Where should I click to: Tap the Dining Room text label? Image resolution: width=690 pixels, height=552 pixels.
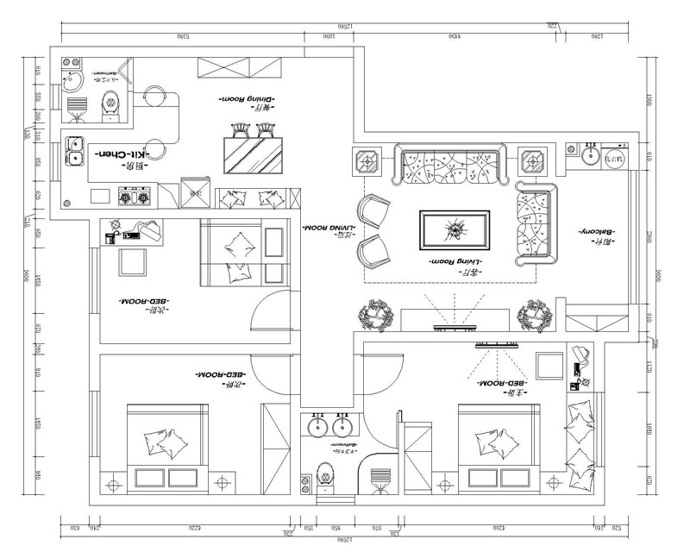(x=246, y=100)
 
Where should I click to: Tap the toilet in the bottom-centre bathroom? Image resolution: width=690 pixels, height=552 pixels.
(x=325, y=475)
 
